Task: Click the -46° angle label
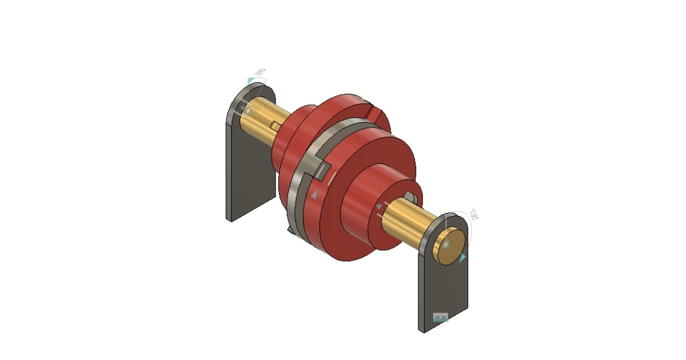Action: (260, 73)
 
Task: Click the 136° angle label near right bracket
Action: (474, 215)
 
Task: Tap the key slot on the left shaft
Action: (276, 126)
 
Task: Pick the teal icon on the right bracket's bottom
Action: (440, 318)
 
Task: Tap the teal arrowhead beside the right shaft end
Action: (462, 258)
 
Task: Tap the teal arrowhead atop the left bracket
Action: (250, 82)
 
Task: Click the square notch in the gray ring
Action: (322, 171)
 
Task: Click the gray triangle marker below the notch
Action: (314, 195)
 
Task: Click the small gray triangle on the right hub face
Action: (378, 206)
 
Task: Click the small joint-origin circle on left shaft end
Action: (248, 108)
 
